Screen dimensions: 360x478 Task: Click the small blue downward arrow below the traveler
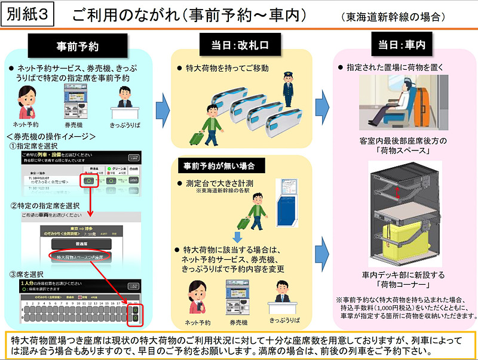237,238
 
